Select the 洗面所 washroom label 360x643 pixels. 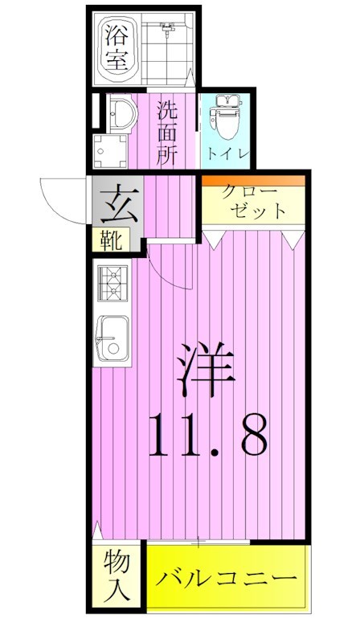point(166,131)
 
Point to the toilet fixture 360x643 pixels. point(224,117)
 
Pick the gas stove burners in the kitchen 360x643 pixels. point(112,283)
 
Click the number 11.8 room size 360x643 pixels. point(206,437)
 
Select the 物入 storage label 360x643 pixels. point(116,577)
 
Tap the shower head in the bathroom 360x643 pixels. point(167,32)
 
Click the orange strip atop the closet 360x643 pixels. point(253,180)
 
